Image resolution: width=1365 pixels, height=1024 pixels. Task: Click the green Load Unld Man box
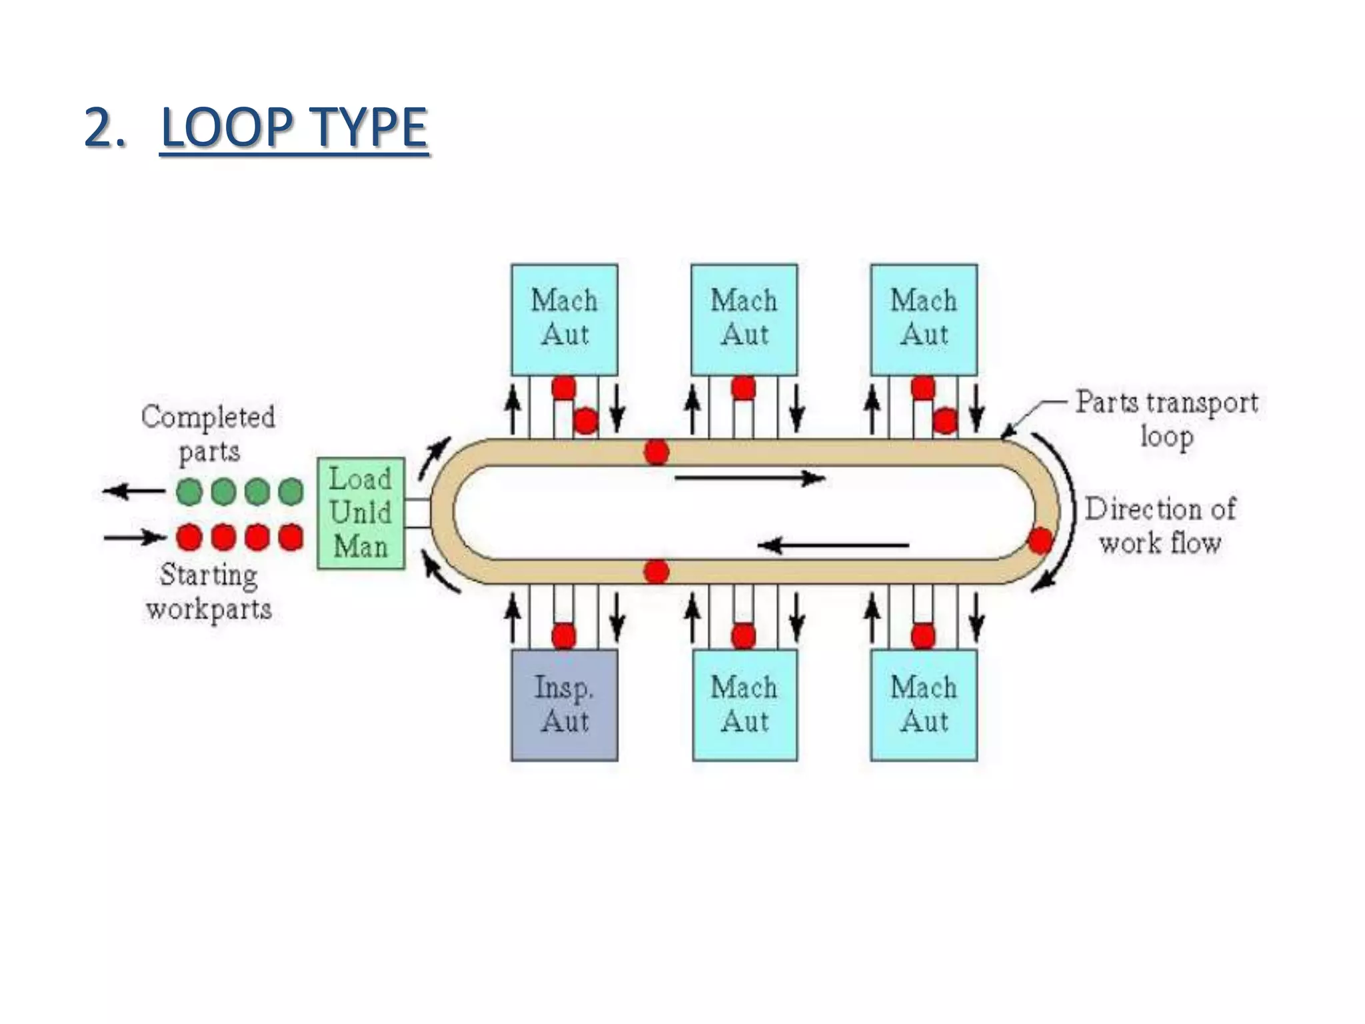click(x=361, y=513)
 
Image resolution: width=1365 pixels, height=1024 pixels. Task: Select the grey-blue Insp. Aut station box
click(x=564, y=705)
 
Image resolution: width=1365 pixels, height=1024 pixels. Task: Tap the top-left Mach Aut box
click(x=564, y=319)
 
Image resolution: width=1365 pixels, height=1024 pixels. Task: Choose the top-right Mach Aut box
click(x=923, y=319)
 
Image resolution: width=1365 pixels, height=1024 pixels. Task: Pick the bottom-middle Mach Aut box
click(x=744, y=705)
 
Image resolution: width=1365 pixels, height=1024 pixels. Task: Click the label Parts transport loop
click(x=1166, y=419)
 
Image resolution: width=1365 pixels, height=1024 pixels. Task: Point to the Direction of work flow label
click(x=1160, y=525)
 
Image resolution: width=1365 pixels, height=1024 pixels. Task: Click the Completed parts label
click(x=208, y=433)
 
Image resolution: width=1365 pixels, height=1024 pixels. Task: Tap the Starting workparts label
click(x=209, y=591)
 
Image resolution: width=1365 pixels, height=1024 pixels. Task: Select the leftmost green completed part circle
click(x=189, y=492)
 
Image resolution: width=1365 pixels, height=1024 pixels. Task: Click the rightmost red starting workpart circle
click(x=291, y=537)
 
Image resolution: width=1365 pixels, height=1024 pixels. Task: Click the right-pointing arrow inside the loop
click(x=750, y=478)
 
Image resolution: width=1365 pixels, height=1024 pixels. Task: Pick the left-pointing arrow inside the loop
click(x=833, y=546)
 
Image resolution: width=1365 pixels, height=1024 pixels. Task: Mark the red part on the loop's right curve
click(x=1040, y=540)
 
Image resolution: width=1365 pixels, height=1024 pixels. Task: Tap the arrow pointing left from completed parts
click(x=133, y=492)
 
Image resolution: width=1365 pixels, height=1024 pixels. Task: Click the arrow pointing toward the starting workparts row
click(x=135, y=537)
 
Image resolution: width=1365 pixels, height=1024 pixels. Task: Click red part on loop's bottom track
click(x=657, y=571)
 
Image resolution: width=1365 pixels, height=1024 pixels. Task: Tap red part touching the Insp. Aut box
click(x=564, y=635)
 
